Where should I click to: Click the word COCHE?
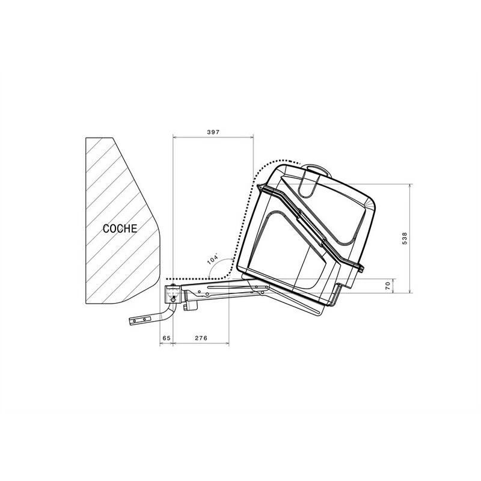coord(120,228)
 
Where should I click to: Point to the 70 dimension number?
coord(388,286)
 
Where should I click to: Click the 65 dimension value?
coord(167,339)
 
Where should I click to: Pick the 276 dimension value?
coord(201,339)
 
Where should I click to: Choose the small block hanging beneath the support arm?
coord(191,305)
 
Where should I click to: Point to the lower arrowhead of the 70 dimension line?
coord(393,291)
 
